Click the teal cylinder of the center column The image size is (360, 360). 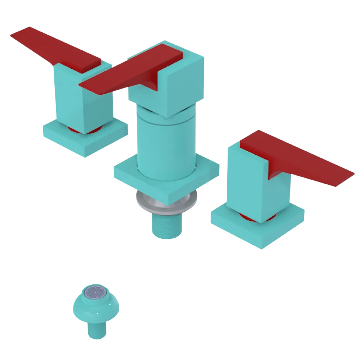click(166, 144)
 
